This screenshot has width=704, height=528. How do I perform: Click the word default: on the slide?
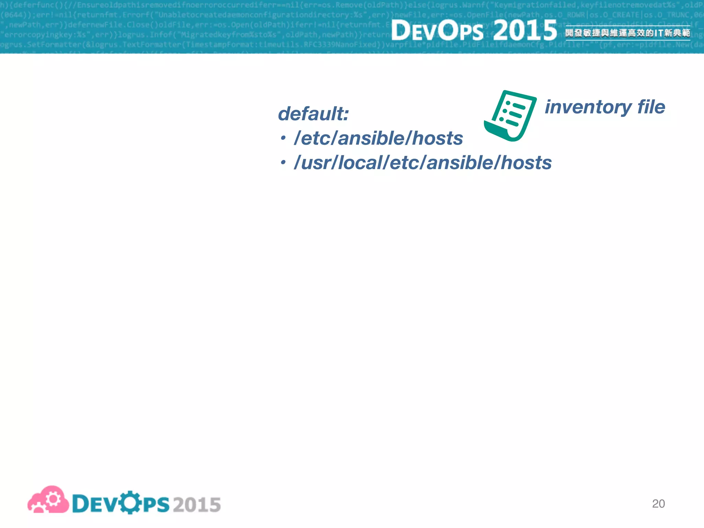tap(313, 114)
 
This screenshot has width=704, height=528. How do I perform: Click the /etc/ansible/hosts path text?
tap(378, 138)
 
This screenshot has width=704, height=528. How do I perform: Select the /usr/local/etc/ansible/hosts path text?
tap(422, 163)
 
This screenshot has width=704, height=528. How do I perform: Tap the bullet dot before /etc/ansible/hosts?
tap(283, 138)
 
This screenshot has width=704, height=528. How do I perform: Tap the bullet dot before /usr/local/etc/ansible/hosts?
tap(283, 163)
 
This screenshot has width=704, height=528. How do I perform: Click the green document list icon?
tap(511, 115)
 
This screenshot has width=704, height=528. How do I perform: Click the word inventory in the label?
tap(588, 107)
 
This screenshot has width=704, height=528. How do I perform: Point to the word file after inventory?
tap(651, 107)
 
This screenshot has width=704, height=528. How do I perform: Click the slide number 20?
tap(658, 504)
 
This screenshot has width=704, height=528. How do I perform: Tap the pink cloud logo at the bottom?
tap(48, 500)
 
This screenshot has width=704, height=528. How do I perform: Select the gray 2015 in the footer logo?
tap(197, 505)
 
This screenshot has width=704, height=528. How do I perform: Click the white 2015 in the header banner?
tap(525, 30)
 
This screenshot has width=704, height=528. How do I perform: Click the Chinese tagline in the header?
tap(628, 33)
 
